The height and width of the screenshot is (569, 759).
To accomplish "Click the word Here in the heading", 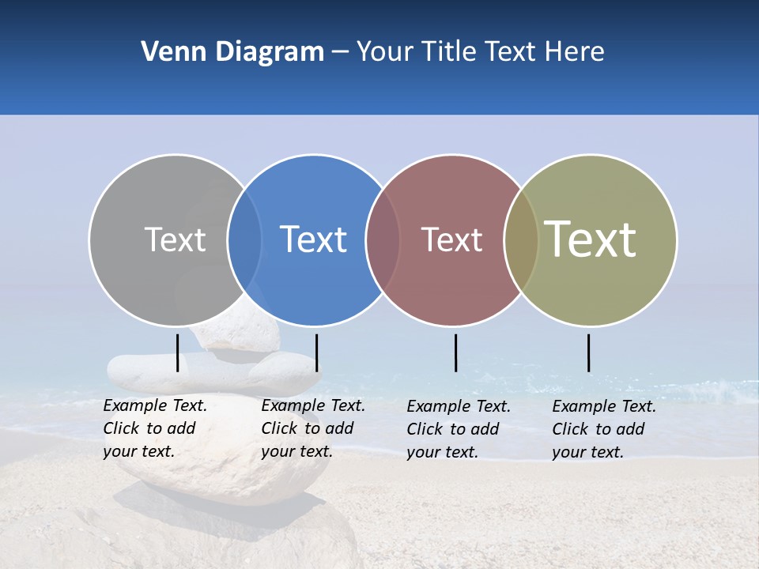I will click(x=575, y=52).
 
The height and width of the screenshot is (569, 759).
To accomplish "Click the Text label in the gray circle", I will click(x=175, y=239).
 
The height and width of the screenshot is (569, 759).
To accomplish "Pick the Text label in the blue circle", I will click(x=313, y=239).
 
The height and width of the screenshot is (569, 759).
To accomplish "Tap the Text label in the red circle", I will click(x=451, y=239).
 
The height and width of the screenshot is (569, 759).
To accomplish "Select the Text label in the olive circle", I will click(x=591, y=239).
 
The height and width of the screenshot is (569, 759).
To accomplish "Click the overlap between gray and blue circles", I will click(x=244, y=239).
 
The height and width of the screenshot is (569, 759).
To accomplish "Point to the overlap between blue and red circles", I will click(x=383, y=239).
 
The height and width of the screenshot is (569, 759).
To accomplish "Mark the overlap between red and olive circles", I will click(x=521, y=239).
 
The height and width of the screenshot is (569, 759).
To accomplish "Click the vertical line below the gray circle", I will click(x=178, y=352).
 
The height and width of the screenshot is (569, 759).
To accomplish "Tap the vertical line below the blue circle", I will click(x=316, y=352).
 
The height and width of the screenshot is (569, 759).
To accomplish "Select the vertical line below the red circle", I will click(x=455, y=352).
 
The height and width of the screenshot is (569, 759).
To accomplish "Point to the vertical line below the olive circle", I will click(x=588, y=352).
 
